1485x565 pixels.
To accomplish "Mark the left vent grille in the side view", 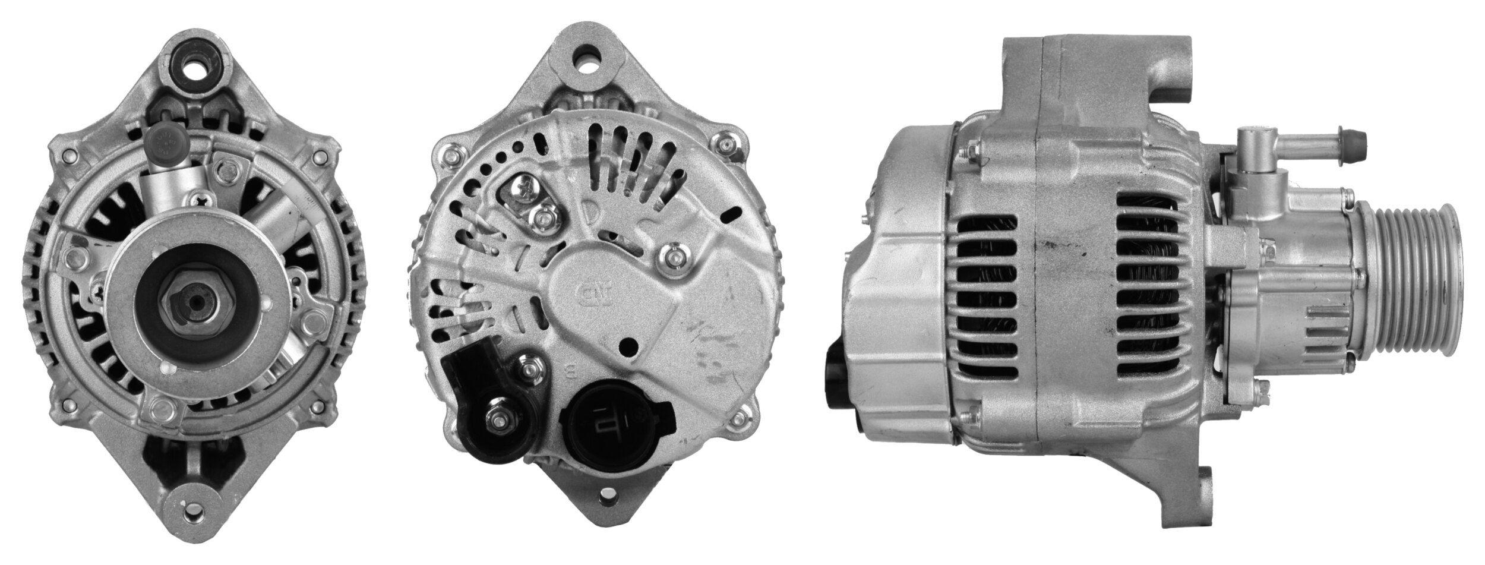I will [986, 297].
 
